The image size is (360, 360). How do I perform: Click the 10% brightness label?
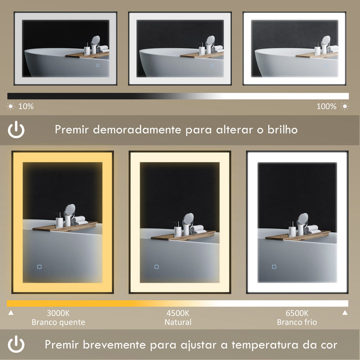(x=26, y=106)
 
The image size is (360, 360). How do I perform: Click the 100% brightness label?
(x=326, y=106)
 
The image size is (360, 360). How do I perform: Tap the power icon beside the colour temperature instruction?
(x=16, y=344)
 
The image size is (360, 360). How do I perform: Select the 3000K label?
(x=58, y=313)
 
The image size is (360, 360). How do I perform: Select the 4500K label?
(x=178, y=313)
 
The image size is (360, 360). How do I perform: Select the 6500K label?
(x=297, y=313)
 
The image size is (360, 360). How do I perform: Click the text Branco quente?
(x=58, y=322)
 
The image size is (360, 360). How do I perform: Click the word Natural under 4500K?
(x=178, y=322)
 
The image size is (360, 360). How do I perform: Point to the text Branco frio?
(x=297, y=322)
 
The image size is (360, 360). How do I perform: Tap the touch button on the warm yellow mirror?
(x=38, y=265)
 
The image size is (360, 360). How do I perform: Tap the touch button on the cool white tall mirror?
(x=274, y=266)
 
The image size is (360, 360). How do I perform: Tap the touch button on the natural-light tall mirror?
(x=156, y=266)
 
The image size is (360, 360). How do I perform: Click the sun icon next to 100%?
(x=344, y=106)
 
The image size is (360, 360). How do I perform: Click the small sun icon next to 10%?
(x=10, y=106)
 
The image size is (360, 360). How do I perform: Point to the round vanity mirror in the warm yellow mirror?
(x=69, y=210)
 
